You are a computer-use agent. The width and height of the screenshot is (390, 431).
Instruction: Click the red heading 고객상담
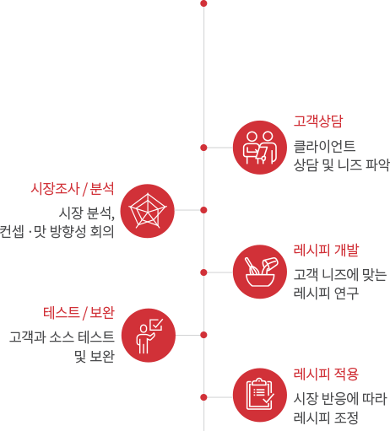(x=318, y=121)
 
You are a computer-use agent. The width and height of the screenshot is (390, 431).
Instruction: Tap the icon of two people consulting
(x=260, y=148)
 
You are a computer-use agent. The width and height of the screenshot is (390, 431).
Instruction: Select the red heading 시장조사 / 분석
(x=73, y=189)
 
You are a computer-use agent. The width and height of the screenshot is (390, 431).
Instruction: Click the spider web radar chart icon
(x=148, y=211)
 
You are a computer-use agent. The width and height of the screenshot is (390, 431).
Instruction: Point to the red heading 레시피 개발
(x=326, y=250)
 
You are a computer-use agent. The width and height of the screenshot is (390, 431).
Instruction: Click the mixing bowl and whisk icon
(x=260, y=272)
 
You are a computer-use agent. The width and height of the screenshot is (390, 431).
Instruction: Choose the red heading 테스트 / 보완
(x=79, y=313)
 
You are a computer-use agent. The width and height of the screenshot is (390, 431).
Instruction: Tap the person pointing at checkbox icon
(x=149, y=336)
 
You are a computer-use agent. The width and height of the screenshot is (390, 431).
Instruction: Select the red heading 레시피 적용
(x=326, y=374)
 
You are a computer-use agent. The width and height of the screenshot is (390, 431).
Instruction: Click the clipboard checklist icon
(x=260, y=395)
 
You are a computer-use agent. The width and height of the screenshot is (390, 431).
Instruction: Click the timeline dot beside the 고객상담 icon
(x=204, y=148)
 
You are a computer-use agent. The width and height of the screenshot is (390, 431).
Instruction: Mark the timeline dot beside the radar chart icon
(x=204, y=210)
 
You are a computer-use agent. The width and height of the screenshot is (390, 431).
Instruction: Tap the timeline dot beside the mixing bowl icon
(x=204, y=272)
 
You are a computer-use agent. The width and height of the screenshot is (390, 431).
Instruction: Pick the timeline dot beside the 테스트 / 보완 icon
(x=204, y=335)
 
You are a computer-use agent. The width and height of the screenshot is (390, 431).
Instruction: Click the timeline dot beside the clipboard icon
(x=204, y=397)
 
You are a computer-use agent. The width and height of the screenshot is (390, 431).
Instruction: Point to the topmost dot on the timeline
(x=204, y=3)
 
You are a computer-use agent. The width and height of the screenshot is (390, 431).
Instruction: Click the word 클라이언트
(x=324, y=146)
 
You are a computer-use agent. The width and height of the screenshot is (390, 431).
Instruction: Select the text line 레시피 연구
(x=326, y=293)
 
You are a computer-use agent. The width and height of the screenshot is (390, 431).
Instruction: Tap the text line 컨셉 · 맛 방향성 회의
(x=57, y=232)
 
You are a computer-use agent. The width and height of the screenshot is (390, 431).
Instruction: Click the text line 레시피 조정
(x=326, y=418)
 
